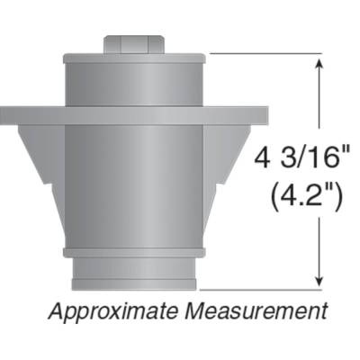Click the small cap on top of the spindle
(x=133, y=44)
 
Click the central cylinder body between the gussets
(x=133, y=180)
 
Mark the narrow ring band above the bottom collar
(x=133, y=252)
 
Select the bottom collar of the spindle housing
(x=133, y=273)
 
